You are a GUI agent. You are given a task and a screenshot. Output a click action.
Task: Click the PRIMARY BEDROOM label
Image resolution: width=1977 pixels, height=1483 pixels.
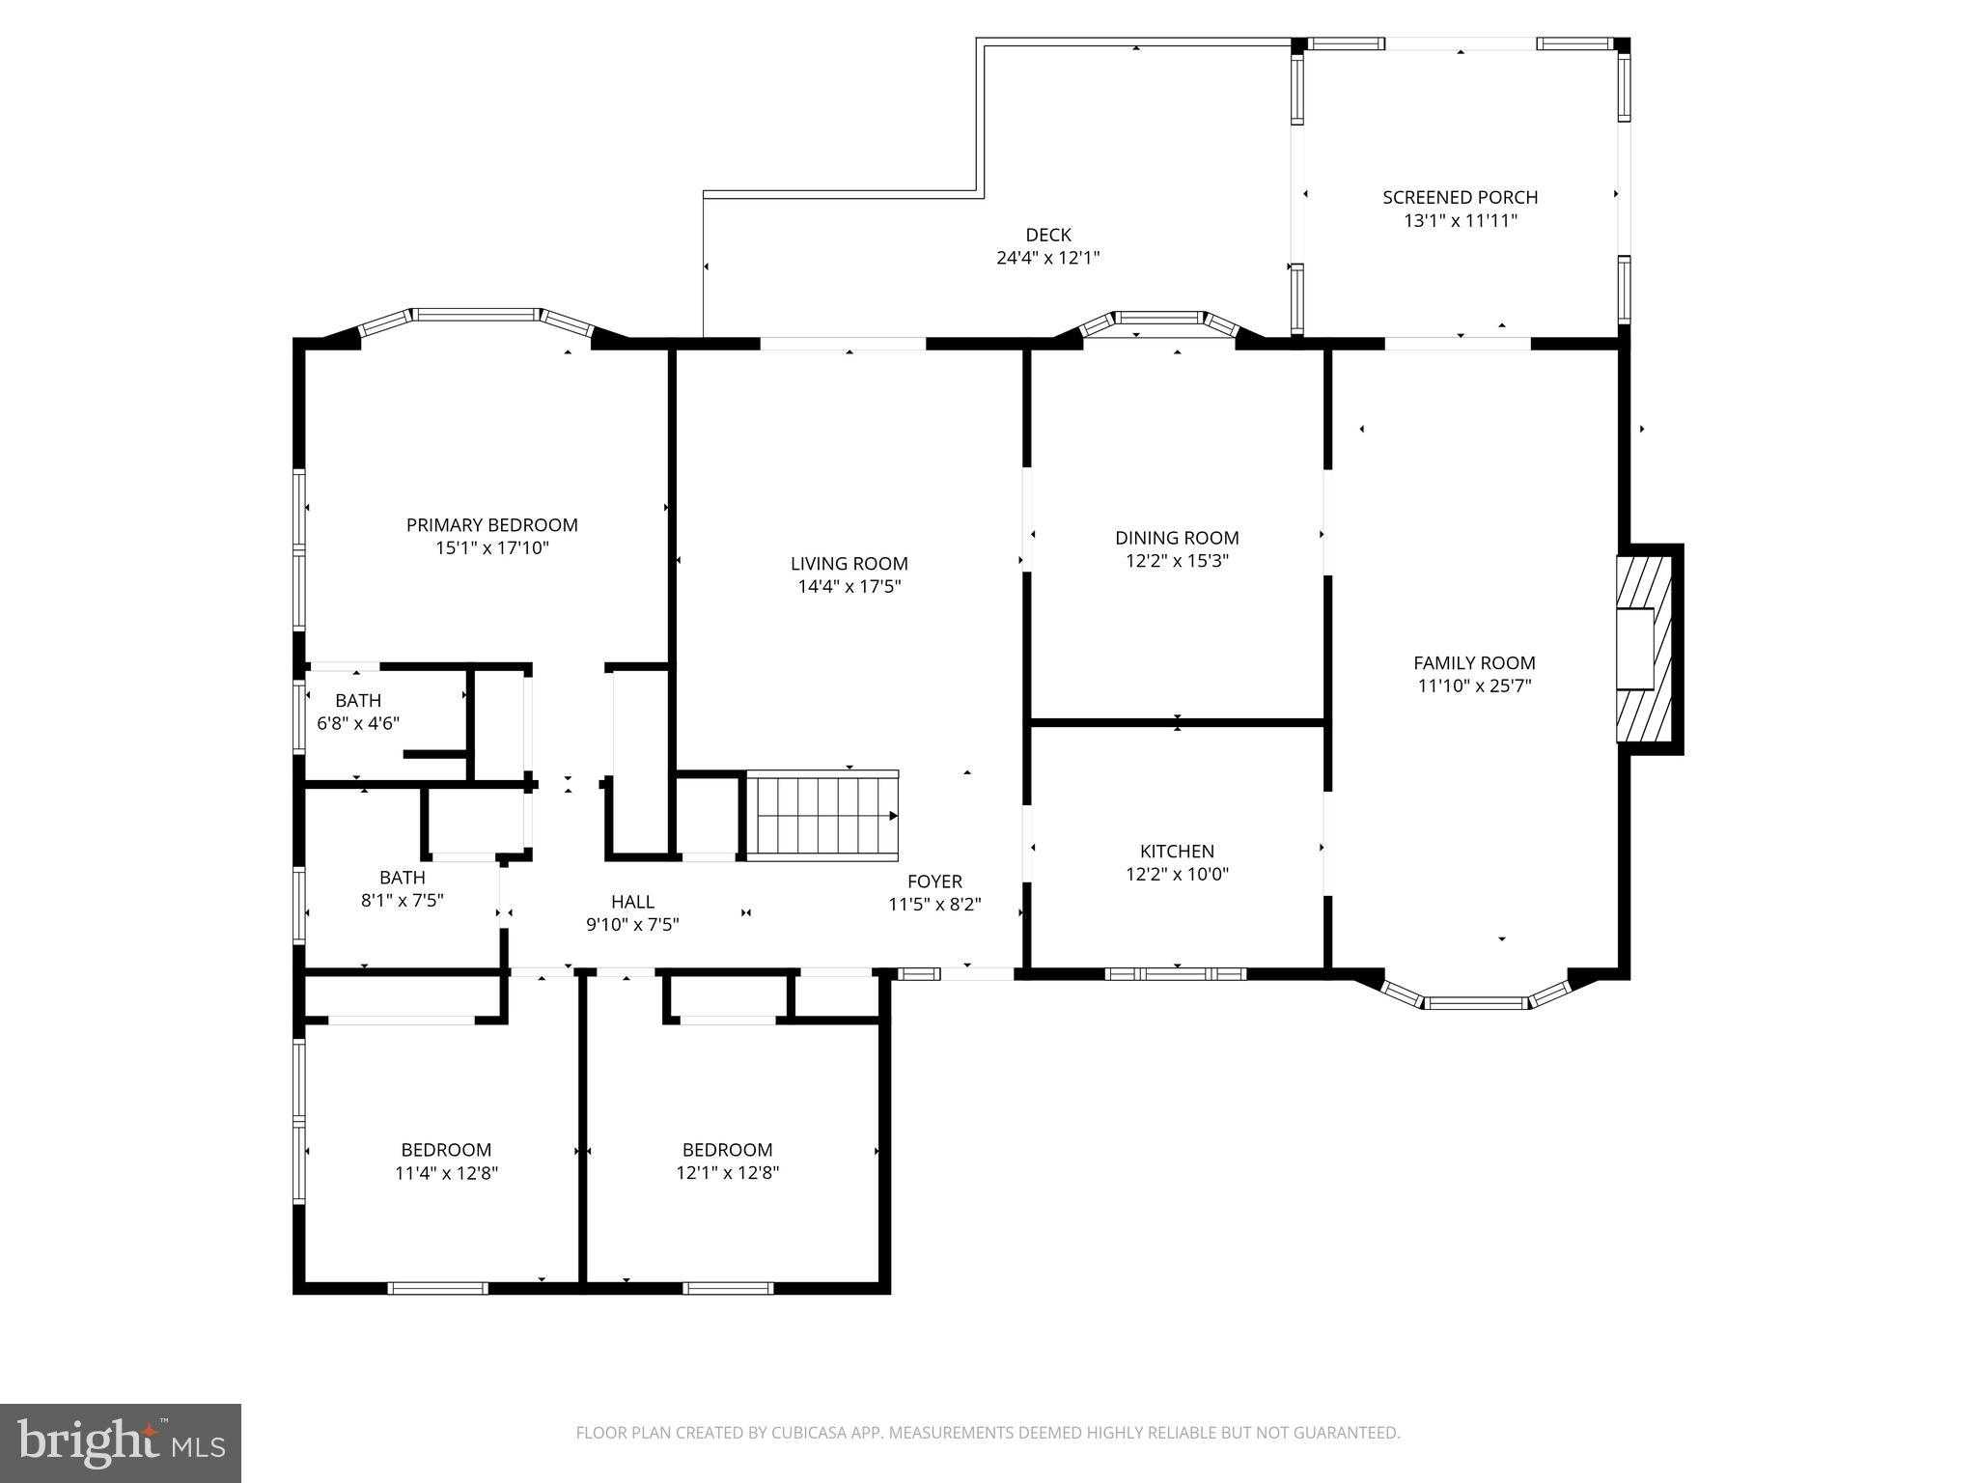tap(491, 525)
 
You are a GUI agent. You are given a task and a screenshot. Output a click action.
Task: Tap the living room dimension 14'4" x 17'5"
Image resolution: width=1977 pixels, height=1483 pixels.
tap(849, 586)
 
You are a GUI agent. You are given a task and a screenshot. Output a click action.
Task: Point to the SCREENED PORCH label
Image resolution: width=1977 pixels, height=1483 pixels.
tap(1460, 197)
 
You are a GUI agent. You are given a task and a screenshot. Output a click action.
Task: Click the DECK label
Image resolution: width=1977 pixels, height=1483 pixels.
tap(1047, 235)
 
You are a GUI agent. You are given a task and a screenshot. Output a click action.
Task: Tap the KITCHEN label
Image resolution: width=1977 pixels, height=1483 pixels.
tap(1177, 851)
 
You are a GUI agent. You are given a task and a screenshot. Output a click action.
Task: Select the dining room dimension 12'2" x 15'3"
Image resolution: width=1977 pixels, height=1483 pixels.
tap(1177, 561)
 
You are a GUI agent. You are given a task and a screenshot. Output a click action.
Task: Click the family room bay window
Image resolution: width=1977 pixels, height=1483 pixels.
tap(1477, 1002)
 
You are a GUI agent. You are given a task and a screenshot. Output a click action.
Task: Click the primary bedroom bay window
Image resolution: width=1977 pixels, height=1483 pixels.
tap(475, 315)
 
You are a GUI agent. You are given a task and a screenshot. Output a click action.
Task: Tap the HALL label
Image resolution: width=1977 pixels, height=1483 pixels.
tap(632, 901)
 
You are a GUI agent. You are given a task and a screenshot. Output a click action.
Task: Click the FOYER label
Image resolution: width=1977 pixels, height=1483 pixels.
tap(934, 881)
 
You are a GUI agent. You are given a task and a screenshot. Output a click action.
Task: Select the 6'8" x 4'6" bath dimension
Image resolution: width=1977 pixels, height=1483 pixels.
tap(358, 723)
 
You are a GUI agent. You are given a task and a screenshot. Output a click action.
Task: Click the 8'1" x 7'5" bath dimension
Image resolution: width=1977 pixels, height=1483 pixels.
tap(402, 901)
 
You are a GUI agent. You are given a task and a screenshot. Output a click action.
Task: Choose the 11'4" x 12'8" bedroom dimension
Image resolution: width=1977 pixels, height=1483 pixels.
tap(446, 1173)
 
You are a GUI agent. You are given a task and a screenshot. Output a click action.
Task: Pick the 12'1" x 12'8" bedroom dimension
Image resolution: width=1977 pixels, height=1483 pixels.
tap(727, 1173)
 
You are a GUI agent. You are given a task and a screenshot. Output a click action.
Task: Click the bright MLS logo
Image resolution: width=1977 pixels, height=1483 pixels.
tap(121, 1442)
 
